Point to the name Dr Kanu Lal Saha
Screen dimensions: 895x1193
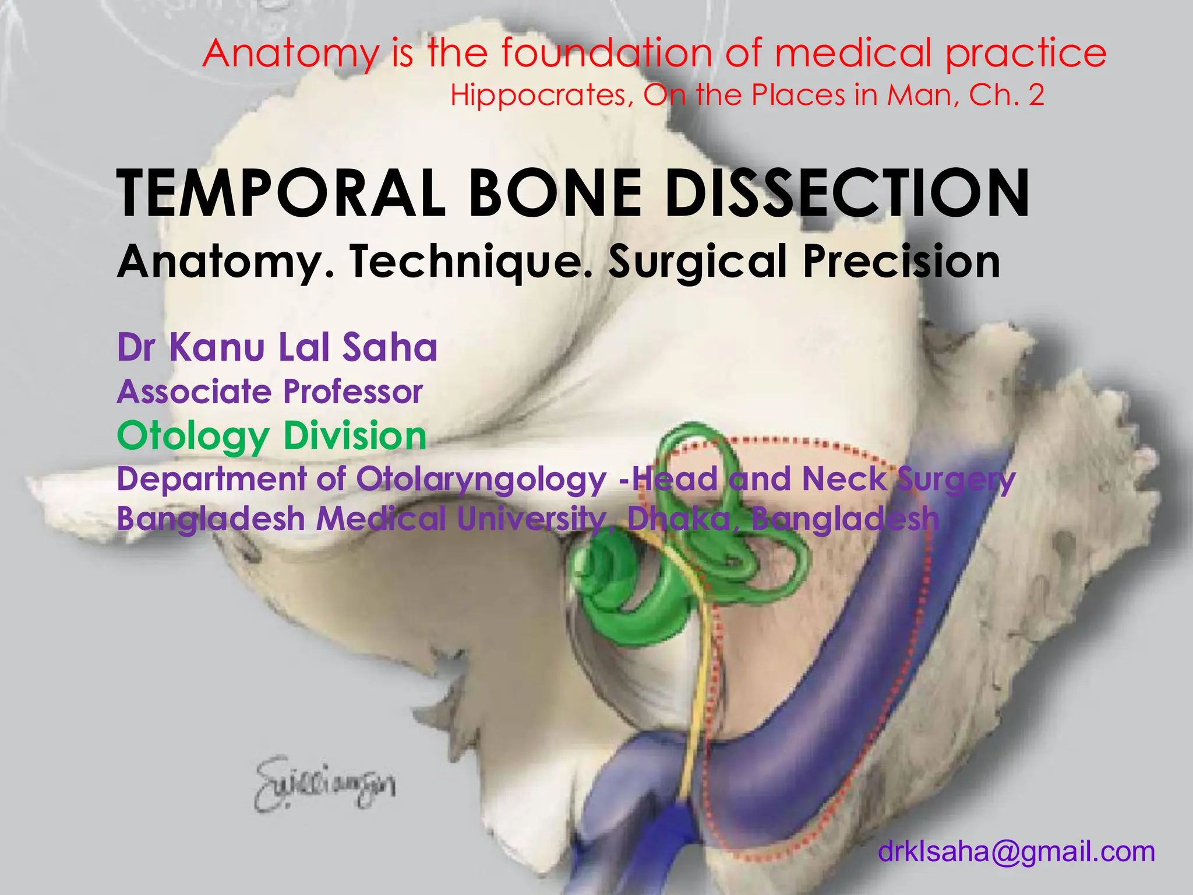(277, 347)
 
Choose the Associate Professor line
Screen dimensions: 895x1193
(270, 392)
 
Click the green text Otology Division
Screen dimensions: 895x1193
(272, 436)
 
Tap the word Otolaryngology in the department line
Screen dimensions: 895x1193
(481, 479)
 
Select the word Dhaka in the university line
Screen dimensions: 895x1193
(679, 518)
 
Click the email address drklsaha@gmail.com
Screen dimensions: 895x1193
(1016, 851)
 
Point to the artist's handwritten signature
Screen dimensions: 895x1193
(324, 783)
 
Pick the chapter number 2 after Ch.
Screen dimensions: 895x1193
(1036, 96)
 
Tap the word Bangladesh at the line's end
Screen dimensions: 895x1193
(845, 518)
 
